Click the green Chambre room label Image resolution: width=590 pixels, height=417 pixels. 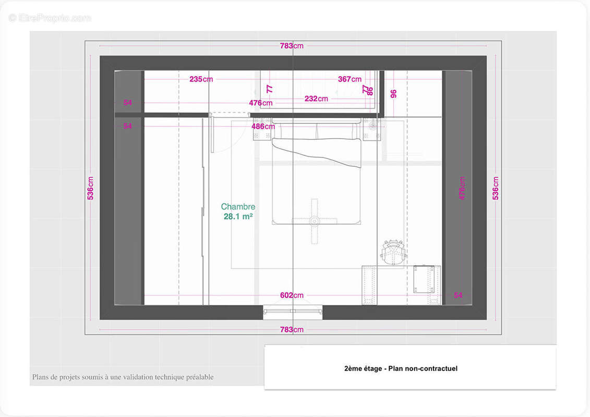pyautogui.click(x=238, y=206)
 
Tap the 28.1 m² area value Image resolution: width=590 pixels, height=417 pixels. pyautogui.click(x=238, y=217)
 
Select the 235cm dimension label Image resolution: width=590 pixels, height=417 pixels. pyautogui.click(x=201, y=79)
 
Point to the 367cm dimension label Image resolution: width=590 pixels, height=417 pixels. pyautogui.click(x=350, y=79)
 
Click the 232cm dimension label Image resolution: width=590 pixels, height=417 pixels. pyautogui.click(x=316, y=99)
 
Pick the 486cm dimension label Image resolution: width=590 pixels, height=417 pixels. pyautogui.click(x=263, y=127)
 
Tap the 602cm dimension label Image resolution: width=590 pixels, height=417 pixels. pyautogui.click(x=292, y=296)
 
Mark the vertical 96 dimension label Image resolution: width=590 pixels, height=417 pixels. pyautogui.click(x=393, y=94)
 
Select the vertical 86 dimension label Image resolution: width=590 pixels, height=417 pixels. pyautogui.click(x=370, y=91)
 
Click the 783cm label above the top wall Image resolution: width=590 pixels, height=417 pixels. pyautogui.click(x=292, y=46)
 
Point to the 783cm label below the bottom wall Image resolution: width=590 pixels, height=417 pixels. pyautogui.click(x=292, y=330)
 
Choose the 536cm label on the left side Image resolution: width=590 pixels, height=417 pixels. pyautogui.click(x=90, y=188)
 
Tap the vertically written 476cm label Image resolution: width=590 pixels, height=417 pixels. pyautogui.click(x=462, y=188)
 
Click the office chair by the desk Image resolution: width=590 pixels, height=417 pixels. pyautogui.click(x=393, y=252)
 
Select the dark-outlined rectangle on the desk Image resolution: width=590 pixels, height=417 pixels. pyautogui.click(x=424, y=279)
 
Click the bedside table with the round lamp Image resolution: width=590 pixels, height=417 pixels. pyautogui.click(x=371, y=129)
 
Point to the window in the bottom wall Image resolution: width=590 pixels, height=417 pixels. pyautogui.click(x=293, y=312)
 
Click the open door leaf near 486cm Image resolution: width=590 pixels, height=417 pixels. pyautogui.click(x=212, y=133)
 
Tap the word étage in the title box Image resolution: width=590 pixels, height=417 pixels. pyautogui.click(x=372, y=369)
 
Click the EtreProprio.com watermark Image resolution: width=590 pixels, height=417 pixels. pyautogui.click(x=50, y=18)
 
